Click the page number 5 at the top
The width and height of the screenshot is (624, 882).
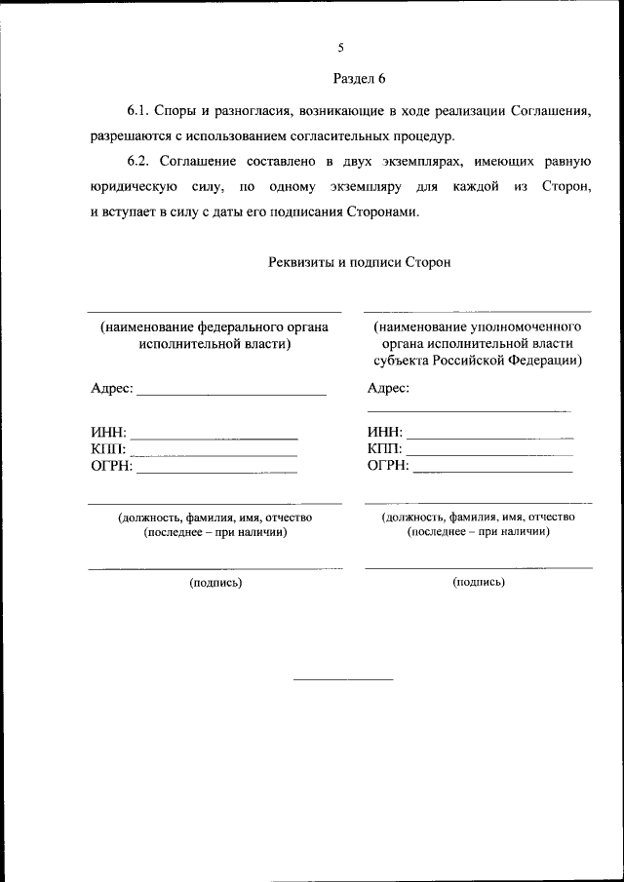pyautogui.click(x=340, y=47)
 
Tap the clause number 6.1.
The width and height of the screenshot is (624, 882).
pyautogui.click(x=139, y=111)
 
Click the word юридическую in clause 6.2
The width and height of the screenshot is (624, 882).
pyautogui.click(x=133, y=187)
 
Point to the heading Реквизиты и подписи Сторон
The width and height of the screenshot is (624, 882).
pyautogui.click(x=359, y=262)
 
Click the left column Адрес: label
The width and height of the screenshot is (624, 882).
pyautogui.click(x=111, y=388)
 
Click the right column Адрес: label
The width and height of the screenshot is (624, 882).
pyautogui.click(x=388, y=388)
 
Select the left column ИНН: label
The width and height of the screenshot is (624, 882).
pyautogui.click(x=107, y=433)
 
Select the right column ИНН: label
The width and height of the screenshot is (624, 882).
pyautogui.click(x=384, y=433)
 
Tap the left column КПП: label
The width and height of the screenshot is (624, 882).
pyautogui.click(x=107, y=449)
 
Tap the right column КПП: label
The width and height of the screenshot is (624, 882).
pyautogui.click(x=384, y=449)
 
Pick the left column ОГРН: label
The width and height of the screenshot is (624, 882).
pyautogui.click(x=111, y=466)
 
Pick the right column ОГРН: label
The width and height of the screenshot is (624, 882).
pyautogui.click(x=388, y=466)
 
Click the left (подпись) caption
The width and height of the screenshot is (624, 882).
pyautogui.click(x=215, y=583)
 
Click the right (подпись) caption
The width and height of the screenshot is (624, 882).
pyautogui.click(x=479, y=582)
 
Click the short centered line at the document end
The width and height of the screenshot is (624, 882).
pyautogui.click(x=343, y=678)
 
